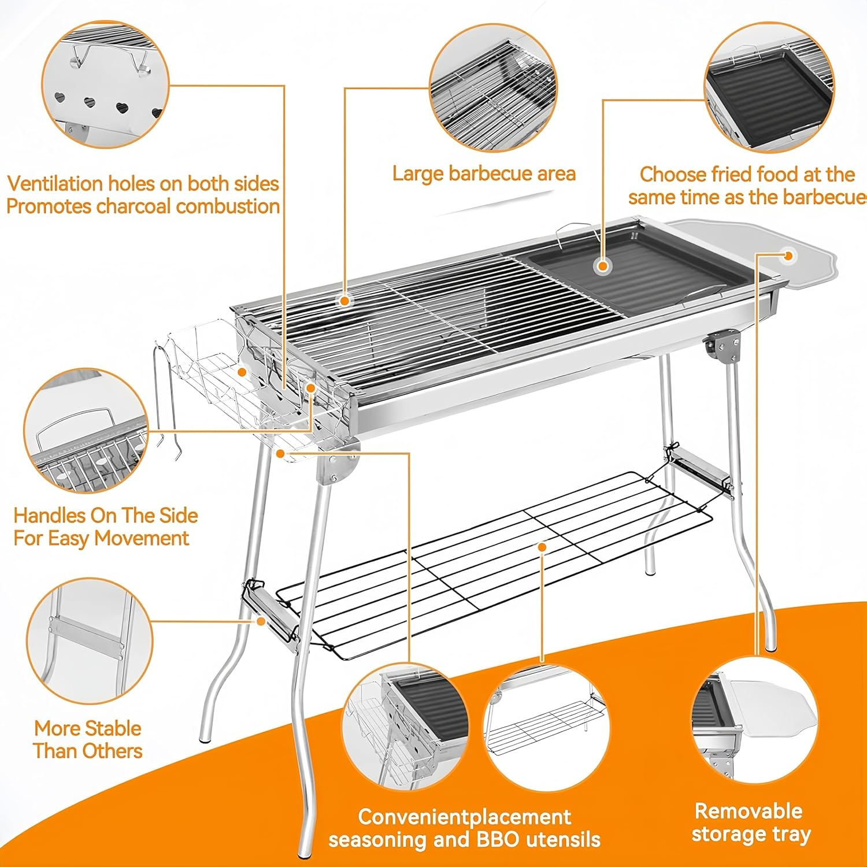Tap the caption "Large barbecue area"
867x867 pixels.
484,173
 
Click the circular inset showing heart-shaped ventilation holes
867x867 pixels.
105,84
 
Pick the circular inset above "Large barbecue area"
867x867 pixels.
493,87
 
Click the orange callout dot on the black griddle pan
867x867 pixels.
603,266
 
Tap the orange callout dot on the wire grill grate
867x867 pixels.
344,301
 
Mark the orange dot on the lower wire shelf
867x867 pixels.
542,547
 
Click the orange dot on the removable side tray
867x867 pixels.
788,255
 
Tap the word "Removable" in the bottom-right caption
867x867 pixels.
748,811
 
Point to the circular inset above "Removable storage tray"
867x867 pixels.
754,720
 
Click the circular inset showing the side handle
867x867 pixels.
87,431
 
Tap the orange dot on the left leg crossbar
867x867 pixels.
261,621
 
